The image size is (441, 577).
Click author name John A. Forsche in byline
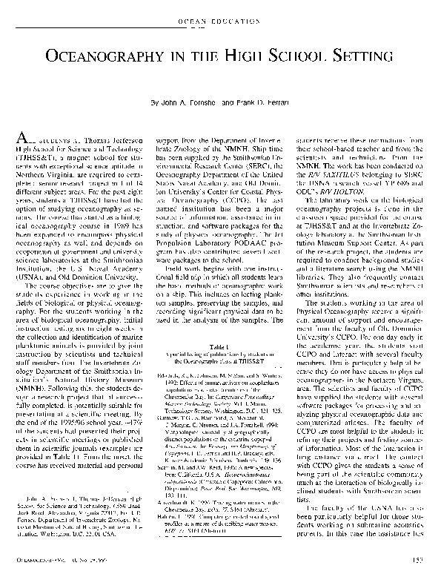pos(186,101)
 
